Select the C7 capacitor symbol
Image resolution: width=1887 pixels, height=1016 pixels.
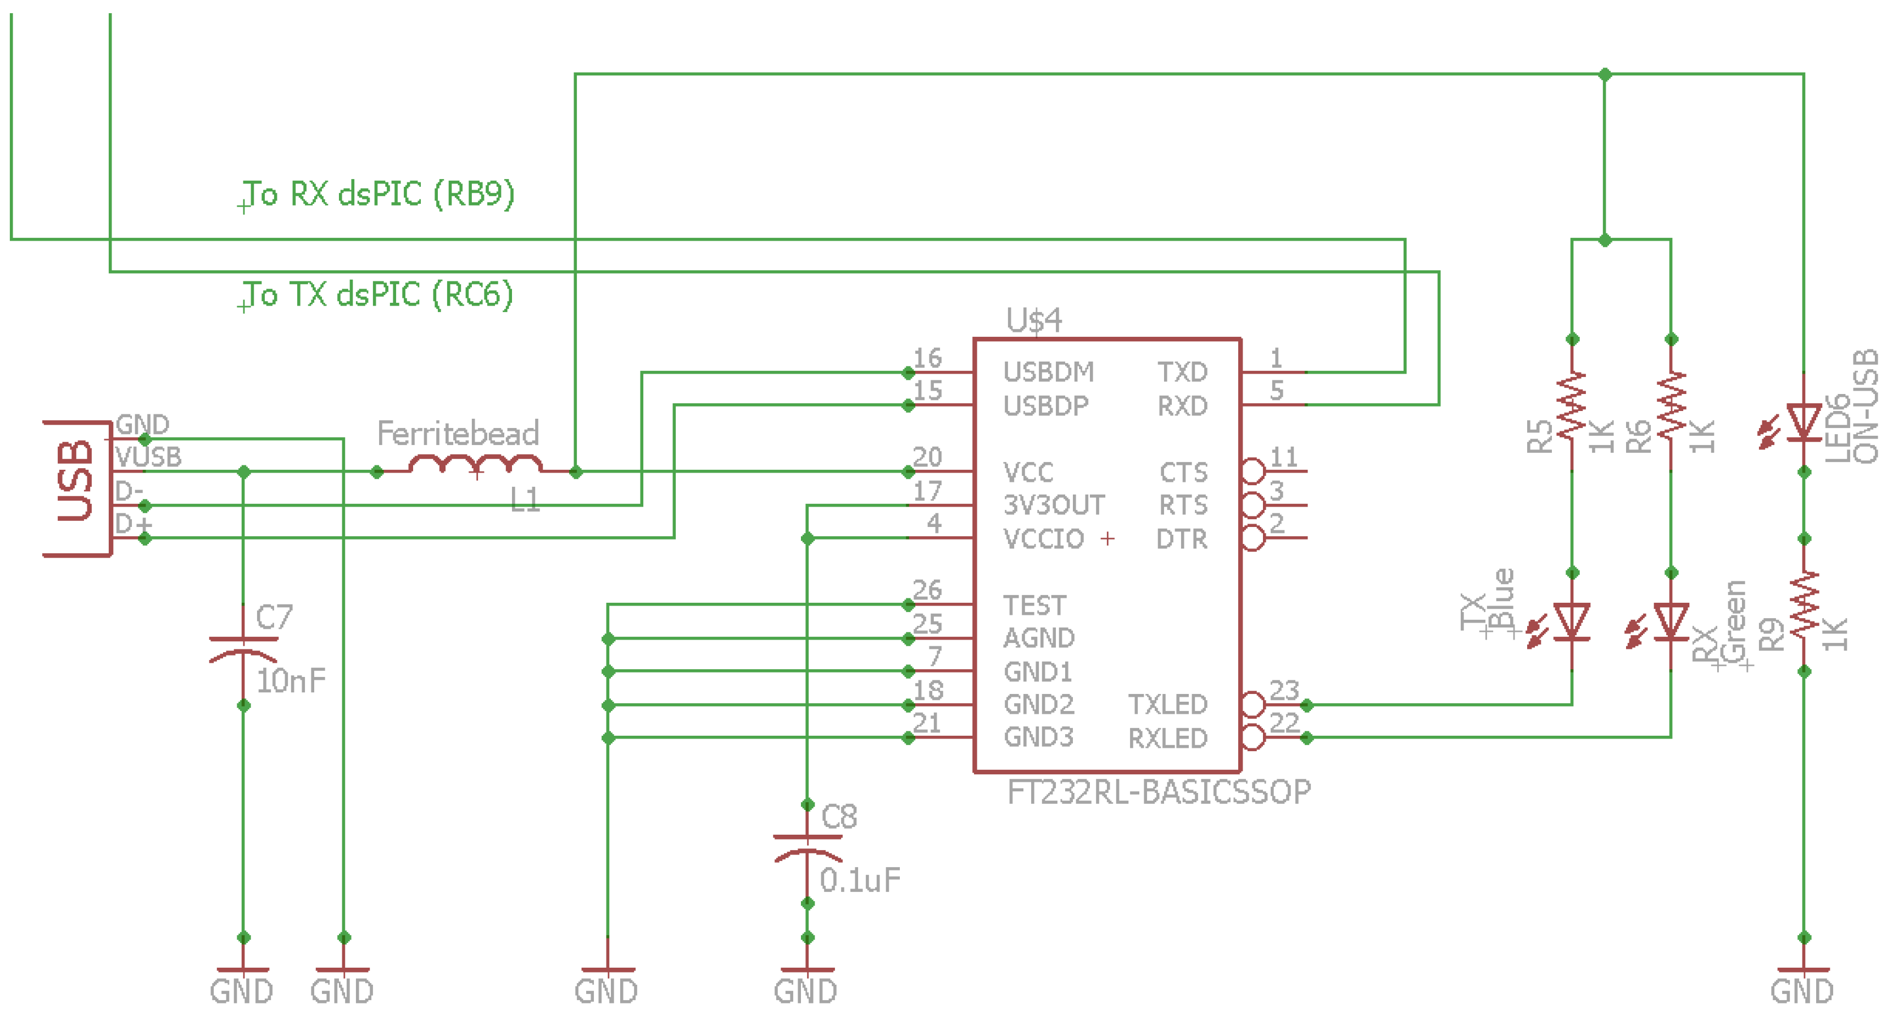click(243, 649)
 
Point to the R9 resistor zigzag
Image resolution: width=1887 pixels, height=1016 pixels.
click(1804, 605)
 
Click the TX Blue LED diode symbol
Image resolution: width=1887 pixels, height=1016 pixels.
click(1571, 623)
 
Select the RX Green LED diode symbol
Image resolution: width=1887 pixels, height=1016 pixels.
click(1671, 623)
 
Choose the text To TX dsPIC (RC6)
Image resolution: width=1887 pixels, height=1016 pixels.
click(378, 295)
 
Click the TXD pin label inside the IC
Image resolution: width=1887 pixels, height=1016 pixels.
click(1182, 372)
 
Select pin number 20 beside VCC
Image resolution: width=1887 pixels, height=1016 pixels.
click(927, 457)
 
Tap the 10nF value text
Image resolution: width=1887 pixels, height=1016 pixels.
click(291, 681)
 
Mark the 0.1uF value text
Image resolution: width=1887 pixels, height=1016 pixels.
click(859, 880)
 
